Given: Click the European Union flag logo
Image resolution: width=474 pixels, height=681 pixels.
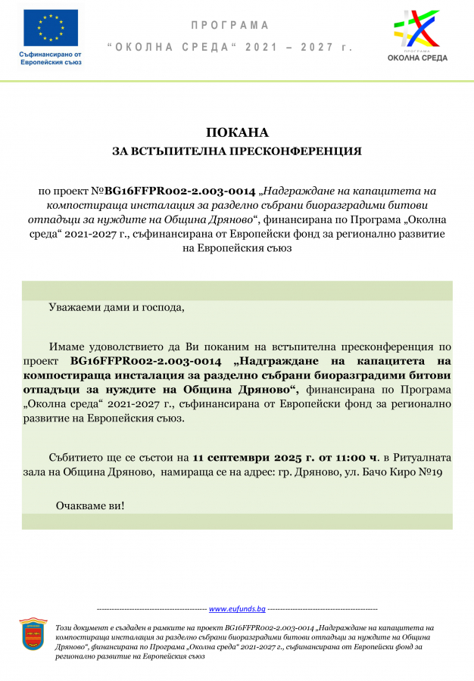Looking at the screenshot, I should click(x=51, y=27).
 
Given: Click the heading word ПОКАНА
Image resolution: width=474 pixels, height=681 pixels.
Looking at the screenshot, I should click(x=236, y=133).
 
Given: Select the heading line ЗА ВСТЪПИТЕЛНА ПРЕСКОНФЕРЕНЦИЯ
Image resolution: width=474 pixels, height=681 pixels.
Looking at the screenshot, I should click(x=236, y=151).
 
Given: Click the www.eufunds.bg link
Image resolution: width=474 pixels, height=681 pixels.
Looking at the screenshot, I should click(x=237, y=608).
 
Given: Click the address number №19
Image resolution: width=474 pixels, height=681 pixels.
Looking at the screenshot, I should click(x=429, y=471).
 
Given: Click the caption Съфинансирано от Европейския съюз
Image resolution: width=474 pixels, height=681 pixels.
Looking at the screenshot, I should click(x=50, y=58).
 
